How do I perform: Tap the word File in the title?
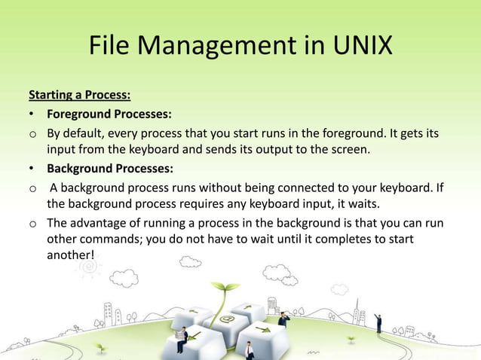click(x=109, y=47)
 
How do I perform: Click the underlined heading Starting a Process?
click(x=79, y=96)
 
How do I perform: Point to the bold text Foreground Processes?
click(x=109, y=114)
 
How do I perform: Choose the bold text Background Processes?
click(x=110, y=167)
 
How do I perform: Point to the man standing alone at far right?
click(x=378, y=323)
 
